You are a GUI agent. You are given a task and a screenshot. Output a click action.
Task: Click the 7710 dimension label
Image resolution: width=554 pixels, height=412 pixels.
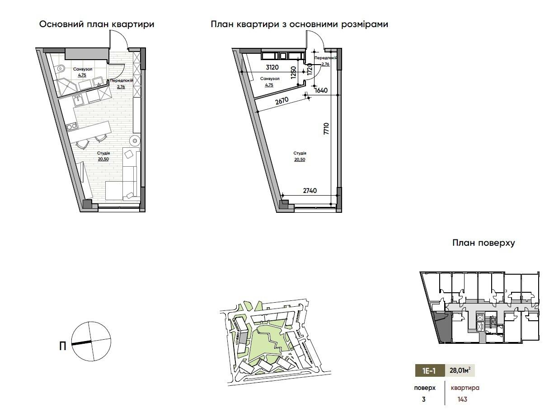click(x=326, y=129)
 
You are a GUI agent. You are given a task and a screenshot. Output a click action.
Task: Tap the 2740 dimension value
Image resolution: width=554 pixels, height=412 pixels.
click(x=310, y=191)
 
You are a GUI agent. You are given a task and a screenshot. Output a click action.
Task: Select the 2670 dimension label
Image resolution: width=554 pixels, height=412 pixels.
click(x=282, y=101)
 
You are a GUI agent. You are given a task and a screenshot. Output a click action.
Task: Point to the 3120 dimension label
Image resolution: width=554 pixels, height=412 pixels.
click(x=272, y=67)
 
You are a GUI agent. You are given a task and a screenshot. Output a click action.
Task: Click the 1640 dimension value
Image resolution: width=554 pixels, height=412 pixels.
click(x=321, y=90)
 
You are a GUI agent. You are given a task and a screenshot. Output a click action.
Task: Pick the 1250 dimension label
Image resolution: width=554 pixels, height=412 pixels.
click(x=293, y=72)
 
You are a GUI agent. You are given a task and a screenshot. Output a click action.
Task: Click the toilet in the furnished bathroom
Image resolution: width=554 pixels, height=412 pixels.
click(x=60, y=68)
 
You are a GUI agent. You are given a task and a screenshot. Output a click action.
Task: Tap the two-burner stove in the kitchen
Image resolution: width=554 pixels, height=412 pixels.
click(x=72, y=127)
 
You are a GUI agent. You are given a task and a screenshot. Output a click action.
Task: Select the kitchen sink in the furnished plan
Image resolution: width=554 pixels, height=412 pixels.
click(x=79, y=100)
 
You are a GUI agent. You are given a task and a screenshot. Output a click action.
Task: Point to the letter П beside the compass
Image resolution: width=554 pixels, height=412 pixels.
click(x=63, y=346)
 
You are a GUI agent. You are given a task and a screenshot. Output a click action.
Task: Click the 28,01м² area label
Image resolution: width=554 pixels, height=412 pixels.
click(x=460, y=370)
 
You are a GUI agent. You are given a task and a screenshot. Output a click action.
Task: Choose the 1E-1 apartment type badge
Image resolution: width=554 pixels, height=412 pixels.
click(x=430, y=370)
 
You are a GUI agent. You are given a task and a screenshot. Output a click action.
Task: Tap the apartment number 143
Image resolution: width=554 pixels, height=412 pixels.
click(x=462, y=399)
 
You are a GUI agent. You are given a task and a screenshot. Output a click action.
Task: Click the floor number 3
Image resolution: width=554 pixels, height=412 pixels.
click(x=423, y=399)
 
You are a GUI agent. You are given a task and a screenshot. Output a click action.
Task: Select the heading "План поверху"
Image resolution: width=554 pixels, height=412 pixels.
click(x=484, y=243)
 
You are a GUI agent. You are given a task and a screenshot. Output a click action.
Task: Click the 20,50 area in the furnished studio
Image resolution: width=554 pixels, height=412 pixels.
click(x=103, y=159)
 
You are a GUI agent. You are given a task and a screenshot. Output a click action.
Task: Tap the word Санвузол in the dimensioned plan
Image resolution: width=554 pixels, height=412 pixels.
click(x=270, y=79)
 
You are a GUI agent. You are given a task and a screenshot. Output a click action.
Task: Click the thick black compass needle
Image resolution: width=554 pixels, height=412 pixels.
click(x=82, y=342)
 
